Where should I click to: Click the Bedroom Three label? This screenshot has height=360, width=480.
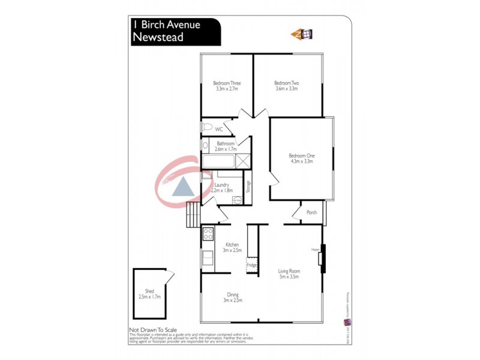coord(227,85)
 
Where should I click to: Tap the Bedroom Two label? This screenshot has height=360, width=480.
coord(286,85)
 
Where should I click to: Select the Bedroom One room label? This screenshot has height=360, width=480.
coord(302,158)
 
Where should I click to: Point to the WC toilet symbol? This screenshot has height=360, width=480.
coord(207,128)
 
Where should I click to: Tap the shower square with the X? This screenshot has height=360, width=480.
coord(243,161)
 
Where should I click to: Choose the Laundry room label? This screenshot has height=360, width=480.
coord(222,188)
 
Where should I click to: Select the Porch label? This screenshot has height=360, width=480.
coord(311,212)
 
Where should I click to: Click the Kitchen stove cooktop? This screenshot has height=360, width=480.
coord(208,234)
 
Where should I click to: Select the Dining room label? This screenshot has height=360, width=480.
coord(233,297)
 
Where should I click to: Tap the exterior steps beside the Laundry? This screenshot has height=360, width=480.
coord(192,214)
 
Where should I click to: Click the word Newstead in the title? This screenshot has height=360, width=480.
coord(158,37)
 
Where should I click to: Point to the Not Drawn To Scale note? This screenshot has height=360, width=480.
coord(154,330)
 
